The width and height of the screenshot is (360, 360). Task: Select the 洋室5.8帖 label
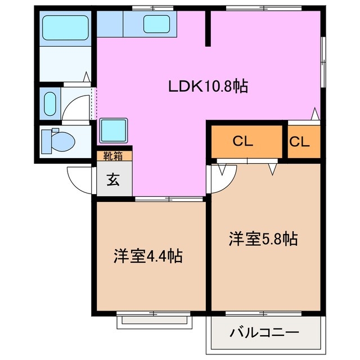[x=262, y=238]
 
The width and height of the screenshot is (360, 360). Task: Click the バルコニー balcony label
[x=264, y=332]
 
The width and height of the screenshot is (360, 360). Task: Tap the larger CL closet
[x=246, y=141]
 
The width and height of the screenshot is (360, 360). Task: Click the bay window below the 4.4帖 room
[x=154, y=321]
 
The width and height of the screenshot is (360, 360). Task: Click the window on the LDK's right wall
[x=323, y=56]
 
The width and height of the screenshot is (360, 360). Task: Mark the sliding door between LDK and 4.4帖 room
[x=169, y=199]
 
